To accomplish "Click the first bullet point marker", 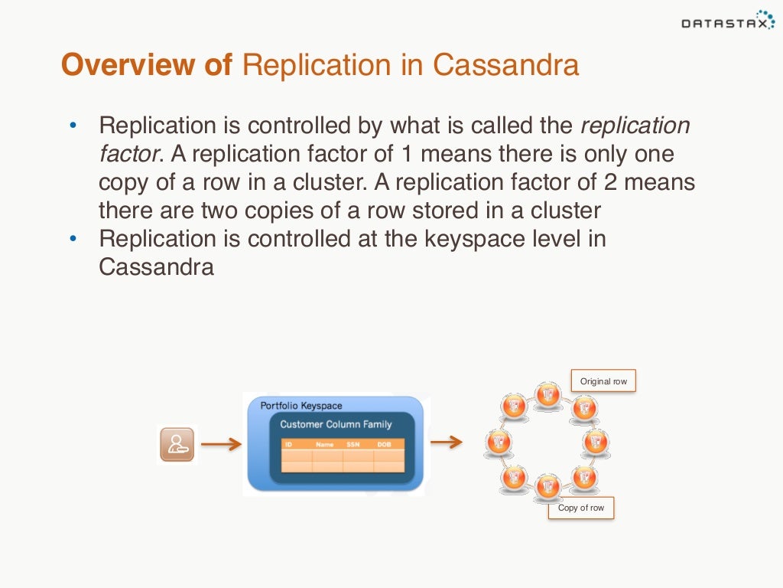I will point(73,126).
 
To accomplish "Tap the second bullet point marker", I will point(73,238).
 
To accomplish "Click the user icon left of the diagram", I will point(177,444).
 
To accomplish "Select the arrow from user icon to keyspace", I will point(221,444).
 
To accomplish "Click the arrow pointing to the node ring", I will point(447,441).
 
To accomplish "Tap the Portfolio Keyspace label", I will point(301,405).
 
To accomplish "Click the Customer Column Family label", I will point(336,424).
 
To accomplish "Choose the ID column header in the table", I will point(289,444).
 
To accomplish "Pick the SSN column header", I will point(353,444).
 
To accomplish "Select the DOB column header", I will point(384,444).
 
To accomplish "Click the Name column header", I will point(324,444).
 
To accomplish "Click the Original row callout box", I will point(603,381).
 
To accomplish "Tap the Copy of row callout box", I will point(580,508).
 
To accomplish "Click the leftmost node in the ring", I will point(499,442).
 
